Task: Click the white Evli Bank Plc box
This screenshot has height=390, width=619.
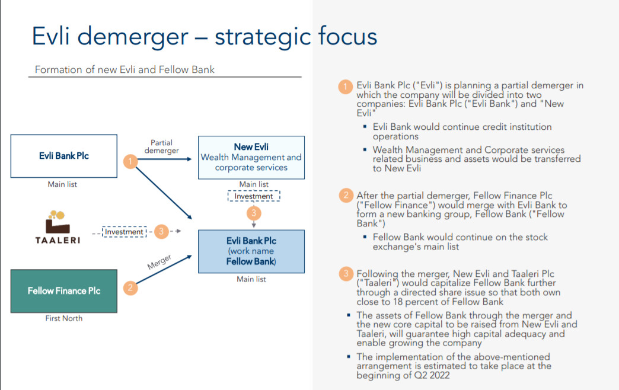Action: [x=64, y=156]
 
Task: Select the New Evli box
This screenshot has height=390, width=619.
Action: [x=251, y=157]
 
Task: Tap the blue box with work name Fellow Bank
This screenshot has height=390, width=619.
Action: [x=251, y=251]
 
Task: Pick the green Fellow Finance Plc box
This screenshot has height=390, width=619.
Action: [x=64, y=290]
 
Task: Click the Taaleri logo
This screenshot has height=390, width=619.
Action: [x=58, y=228]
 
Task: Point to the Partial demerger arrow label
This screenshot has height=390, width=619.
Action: [x=161, y=146]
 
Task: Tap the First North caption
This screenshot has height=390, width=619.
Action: [x=64, y=318]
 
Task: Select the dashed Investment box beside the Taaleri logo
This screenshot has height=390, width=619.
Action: [x=125, y=232]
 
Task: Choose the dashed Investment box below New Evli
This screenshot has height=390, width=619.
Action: [x=253, y=196]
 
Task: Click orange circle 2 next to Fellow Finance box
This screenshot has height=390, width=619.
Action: [x=130, y=288]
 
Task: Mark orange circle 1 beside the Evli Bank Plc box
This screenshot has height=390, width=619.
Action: [x=130, y=161]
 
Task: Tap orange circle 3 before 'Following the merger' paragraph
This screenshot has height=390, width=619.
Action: [x=346, y=274]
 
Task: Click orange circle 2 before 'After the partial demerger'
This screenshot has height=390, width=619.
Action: [x=346, y=196]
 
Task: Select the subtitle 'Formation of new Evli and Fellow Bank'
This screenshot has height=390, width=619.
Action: [x=125, y=69]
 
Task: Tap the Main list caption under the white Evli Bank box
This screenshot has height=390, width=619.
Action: [x=62, y=184]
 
